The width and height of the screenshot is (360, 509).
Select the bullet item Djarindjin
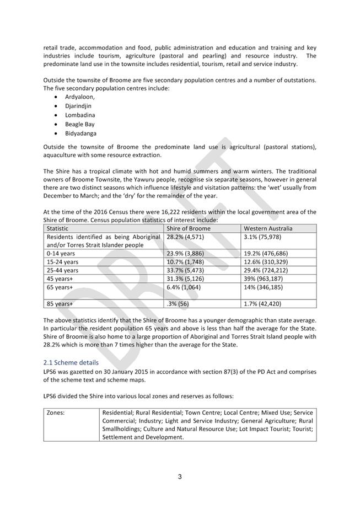pyautogui.click(x=78, y=106)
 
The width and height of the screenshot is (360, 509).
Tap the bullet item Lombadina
pyautogui.click(x=80, y=115)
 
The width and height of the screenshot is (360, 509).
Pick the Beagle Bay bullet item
pyautogui.click(x=80, y=124)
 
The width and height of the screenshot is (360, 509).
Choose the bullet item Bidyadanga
pyautogui.click(x=81, y=133)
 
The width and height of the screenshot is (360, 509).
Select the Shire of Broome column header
pyautogui.click(x=189, y=228)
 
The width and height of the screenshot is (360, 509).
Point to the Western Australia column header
pyautogui.click(x=268, y=228)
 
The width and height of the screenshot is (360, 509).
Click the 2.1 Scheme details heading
pyautogui.click(x=71, y=362)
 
